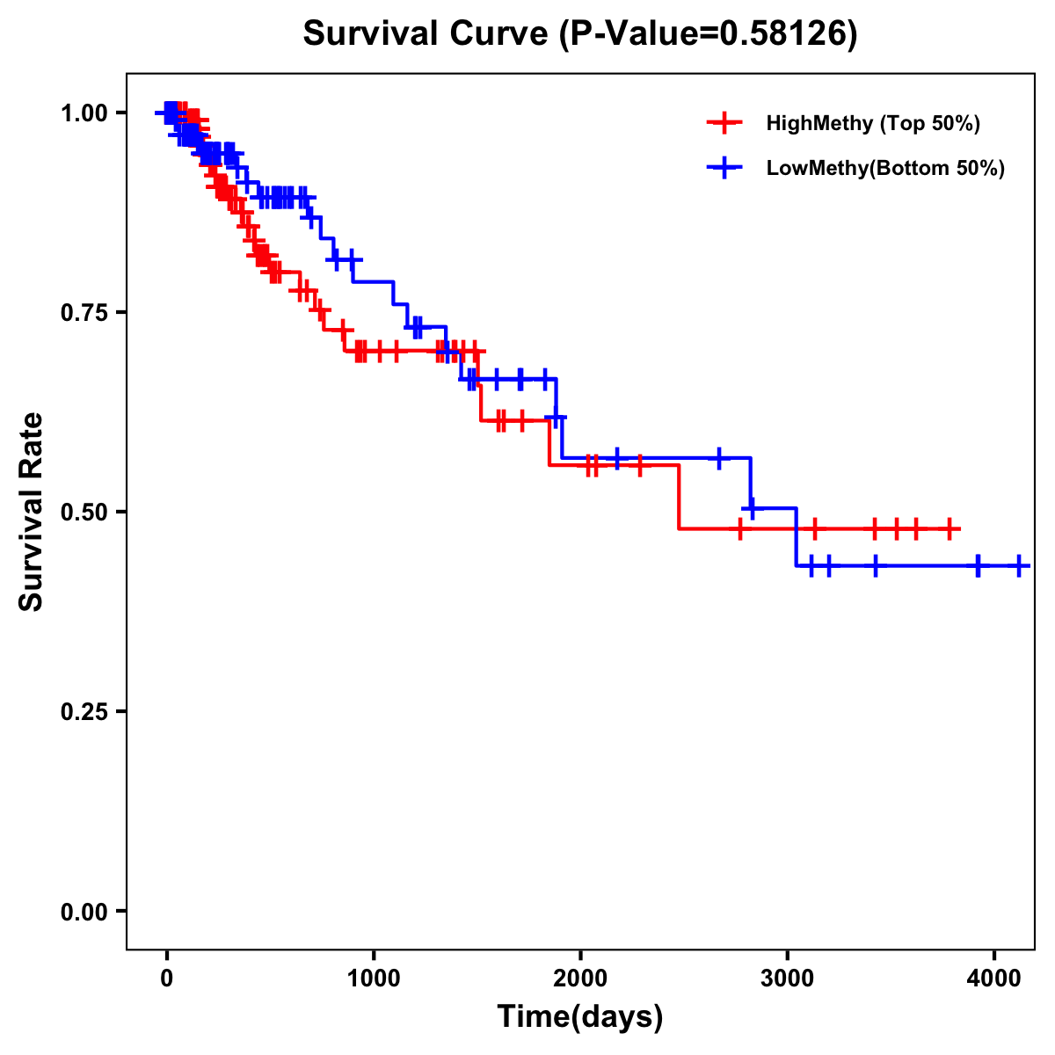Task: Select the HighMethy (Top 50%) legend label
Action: pyautogui.click(x=872, y=123)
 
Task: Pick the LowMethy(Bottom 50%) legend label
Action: pyautogui.click(x=885, y=168)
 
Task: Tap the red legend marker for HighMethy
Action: pyautogui.click(x=724, y=123)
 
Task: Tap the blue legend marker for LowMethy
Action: pyautogui.click(x=724, y=168)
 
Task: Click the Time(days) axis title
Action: pyautogui.click(x=580, y=1017)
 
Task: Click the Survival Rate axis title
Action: pyautogui.click(x=32, y=512)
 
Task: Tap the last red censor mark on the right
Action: pyautogui.click(x=949, y=529)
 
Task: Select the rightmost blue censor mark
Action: pyautogui.click(x=1018, y=565)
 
